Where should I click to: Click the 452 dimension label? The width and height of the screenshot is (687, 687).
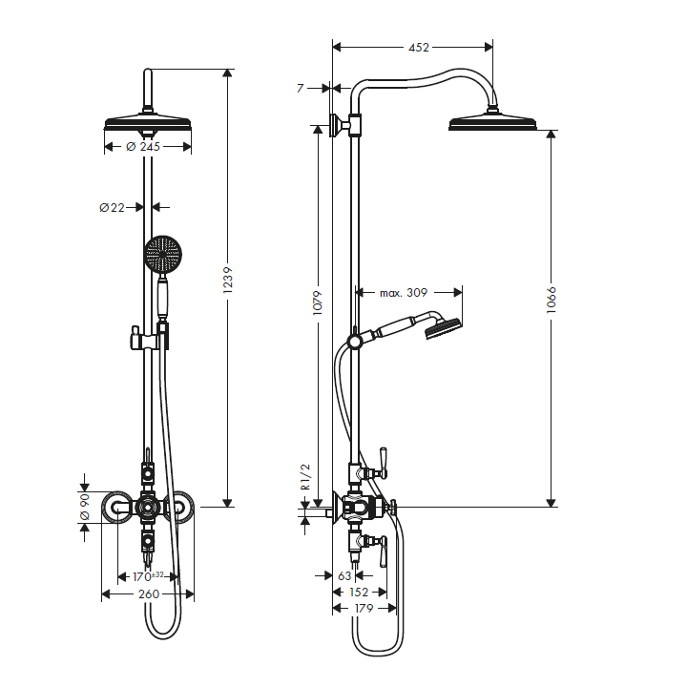(x=419, y=48)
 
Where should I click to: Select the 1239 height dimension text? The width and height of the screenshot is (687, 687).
(x=227, y=280)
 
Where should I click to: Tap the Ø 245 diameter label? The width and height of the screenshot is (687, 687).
(x=143, y=146)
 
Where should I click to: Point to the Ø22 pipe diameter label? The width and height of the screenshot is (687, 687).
(x=112, y=207)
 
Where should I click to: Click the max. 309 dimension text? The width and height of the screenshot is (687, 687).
(x=403, y=293)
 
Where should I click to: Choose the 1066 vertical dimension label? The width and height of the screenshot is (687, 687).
(x=552, y=301)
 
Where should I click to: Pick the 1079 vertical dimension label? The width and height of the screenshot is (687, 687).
(x=317, y=302)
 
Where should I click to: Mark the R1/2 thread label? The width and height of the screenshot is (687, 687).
(x=305, y=477)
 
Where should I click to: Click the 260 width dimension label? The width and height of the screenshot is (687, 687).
(x=149, y=594)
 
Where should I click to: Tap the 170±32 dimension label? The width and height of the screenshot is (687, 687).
(x=148, y=576)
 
